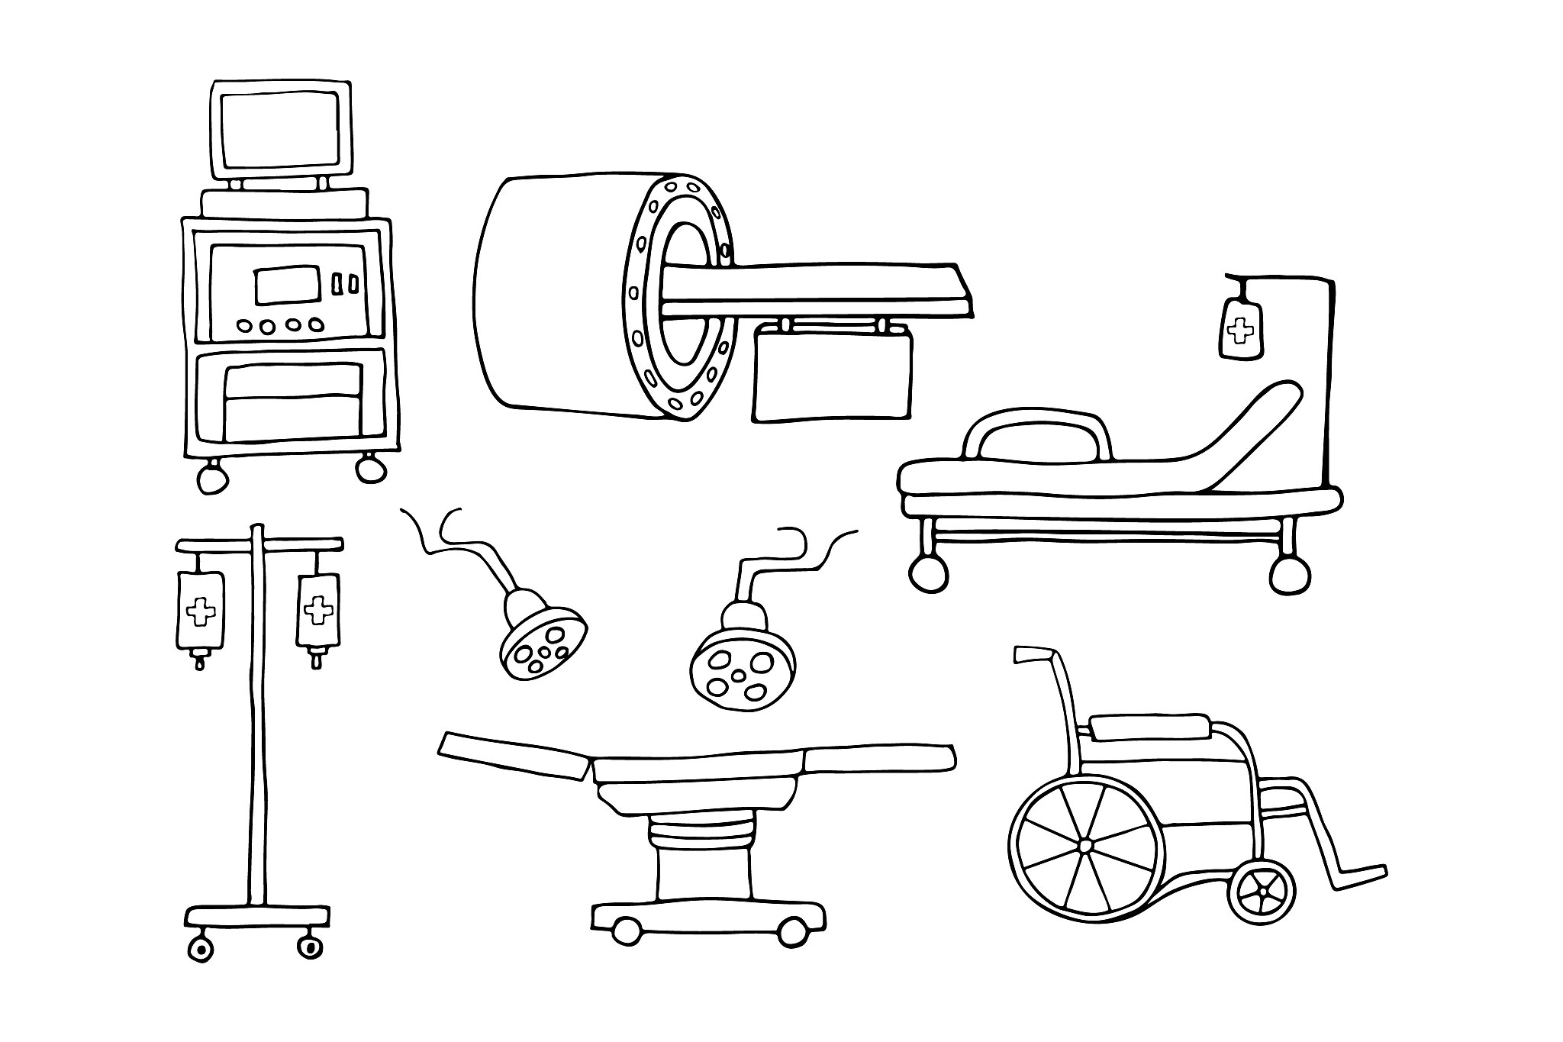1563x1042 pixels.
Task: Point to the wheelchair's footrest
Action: point(1358,875)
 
